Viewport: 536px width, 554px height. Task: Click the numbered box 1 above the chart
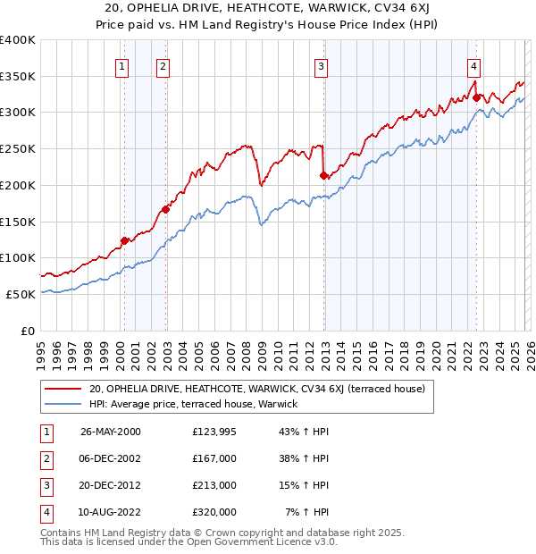tap(121, 65)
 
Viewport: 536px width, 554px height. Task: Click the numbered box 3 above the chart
tap(321, 65)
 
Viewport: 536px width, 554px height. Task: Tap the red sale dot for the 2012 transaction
tap(323, 176)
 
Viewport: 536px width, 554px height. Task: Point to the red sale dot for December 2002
tap(165, 210)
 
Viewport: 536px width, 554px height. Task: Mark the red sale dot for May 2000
tap(124, 240)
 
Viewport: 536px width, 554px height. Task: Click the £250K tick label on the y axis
tap(17, 149)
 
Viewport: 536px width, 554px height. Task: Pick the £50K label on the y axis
tap(21, 294)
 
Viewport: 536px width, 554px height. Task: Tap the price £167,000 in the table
tap(214, 458)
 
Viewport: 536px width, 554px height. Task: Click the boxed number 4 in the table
tap(45, 512)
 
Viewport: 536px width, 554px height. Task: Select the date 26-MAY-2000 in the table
tap(111, 432)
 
